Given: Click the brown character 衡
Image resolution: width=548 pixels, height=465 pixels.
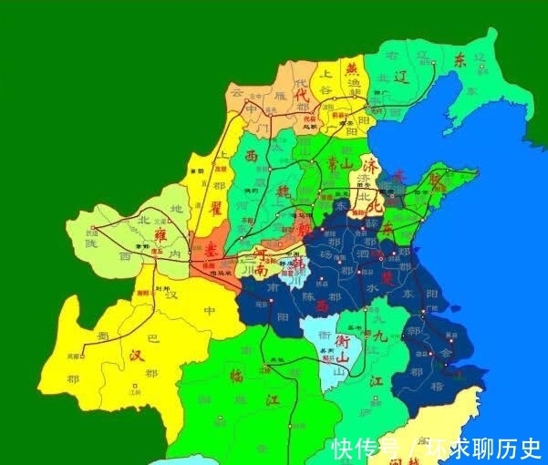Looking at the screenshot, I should coord(342,341).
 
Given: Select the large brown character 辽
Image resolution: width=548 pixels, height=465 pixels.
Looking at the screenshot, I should coord(402,77).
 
